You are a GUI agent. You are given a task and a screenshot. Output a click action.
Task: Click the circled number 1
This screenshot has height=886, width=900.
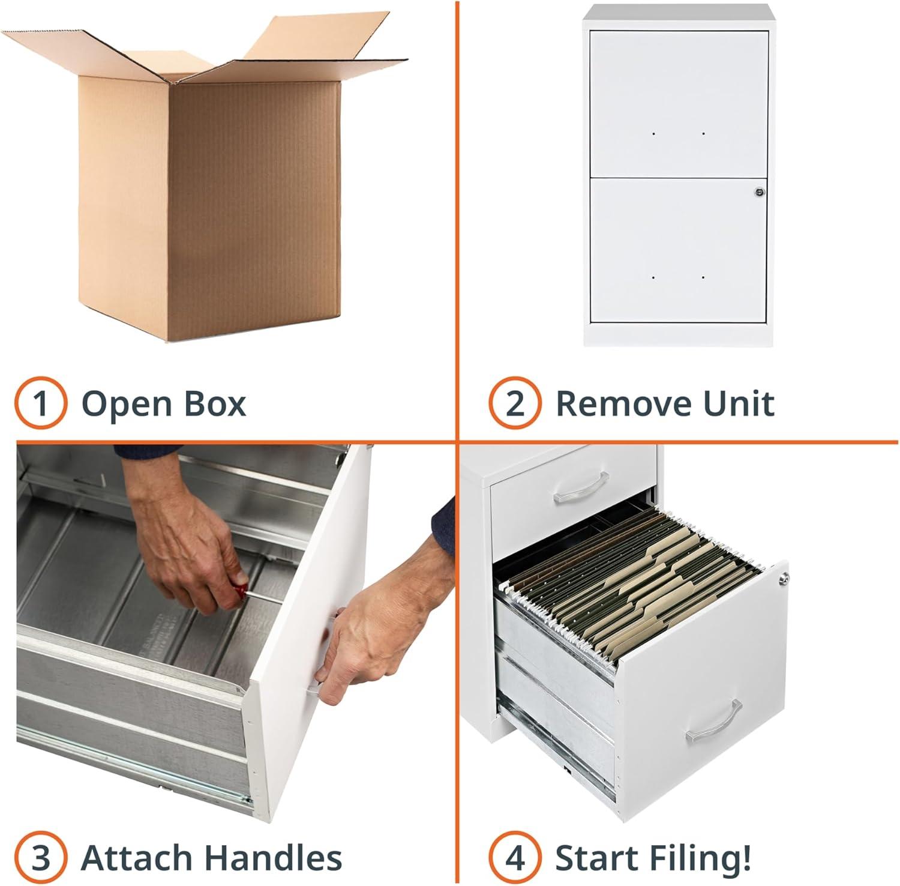pyautogui.click(x=40, y=403)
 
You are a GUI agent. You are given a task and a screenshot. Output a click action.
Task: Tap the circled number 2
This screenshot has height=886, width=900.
pyautogui.click(x=514, y=403)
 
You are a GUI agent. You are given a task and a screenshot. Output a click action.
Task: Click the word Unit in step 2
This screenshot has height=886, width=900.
pyautogui.click(x=739, y=403)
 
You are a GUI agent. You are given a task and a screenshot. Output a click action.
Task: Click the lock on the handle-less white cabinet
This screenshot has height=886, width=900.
pyautogui.click(x=758, y=192)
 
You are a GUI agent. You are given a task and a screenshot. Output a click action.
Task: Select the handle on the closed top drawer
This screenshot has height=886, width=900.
pyautogui.click(x=581, y=487)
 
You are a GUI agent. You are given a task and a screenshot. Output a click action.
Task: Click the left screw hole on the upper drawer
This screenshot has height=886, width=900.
pyautogui.click(x=653, y=133)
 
